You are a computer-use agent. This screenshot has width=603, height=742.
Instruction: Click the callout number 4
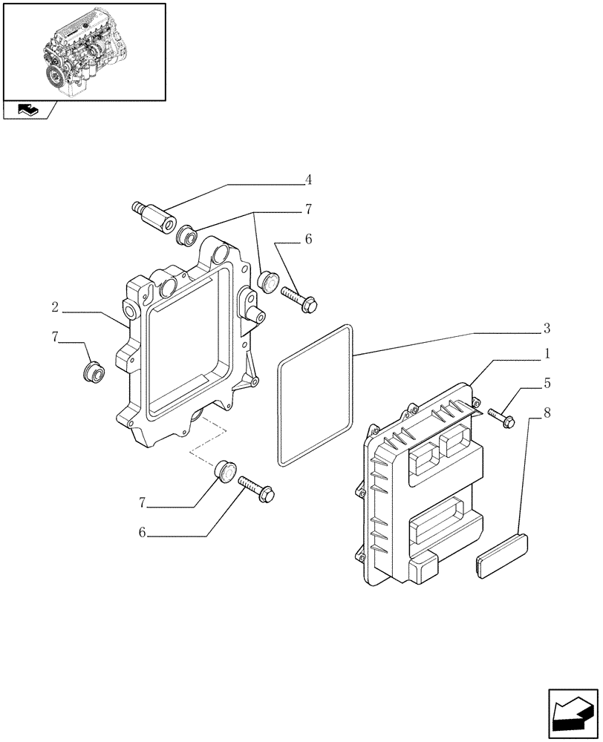[x=307, y=180]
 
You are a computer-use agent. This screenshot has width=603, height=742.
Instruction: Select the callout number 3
[x=546, y=328]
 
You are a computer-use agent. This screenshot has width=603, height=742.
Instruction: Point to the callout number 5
[x=546, y=384]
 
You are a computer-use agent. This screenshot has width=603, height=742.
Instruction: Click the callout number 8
[x=546, y=412]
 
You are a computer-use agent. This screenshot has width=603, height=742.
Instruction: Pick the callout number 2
[x=55, y=307]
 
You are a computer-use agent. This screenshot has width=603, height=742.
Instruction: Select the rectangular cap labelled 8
[x=503, y=552]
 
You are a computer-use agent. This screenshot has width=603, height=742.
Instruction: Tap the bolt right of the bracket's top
[x=299, y=298]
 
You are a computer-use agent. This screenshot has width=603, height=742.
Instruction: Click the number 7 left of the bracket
[x=55, y=336]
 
